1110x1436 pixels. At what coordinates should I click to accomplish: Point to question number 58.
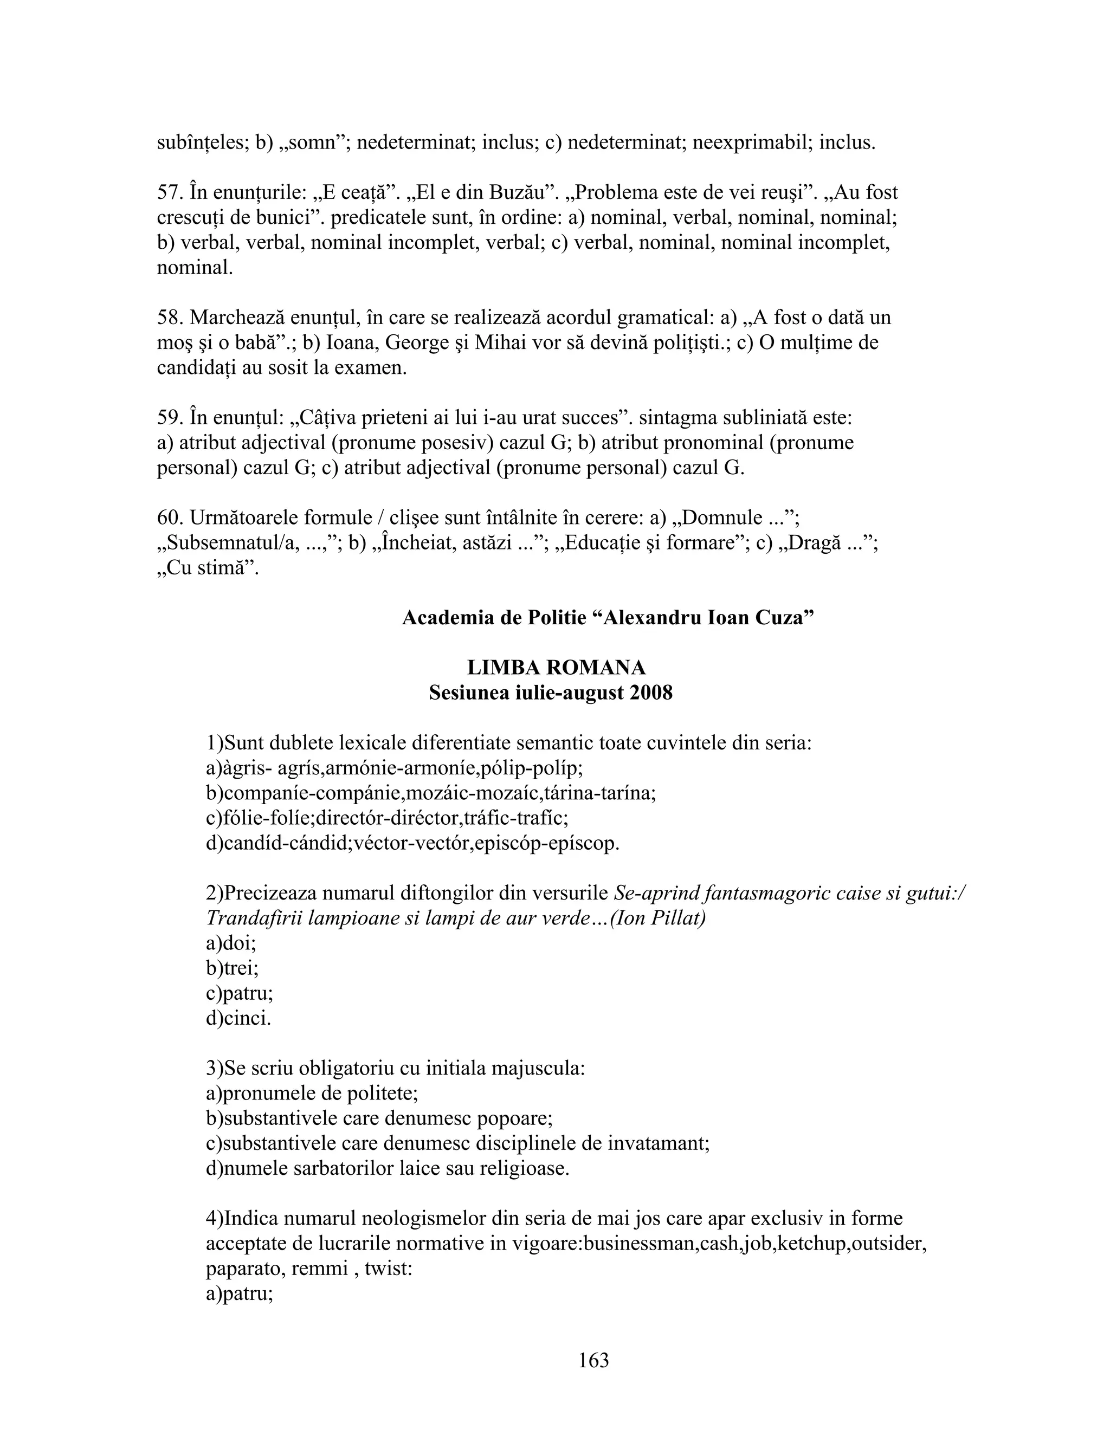pyautogui.click(x=170, y=318)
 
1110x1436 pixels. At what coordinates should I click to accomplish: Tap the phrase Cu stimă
pyautogui.click(x=210, y=568)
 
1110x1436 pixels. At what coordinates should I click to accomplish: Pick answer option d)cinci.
pyautogui.click(x=238, y=1019)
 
